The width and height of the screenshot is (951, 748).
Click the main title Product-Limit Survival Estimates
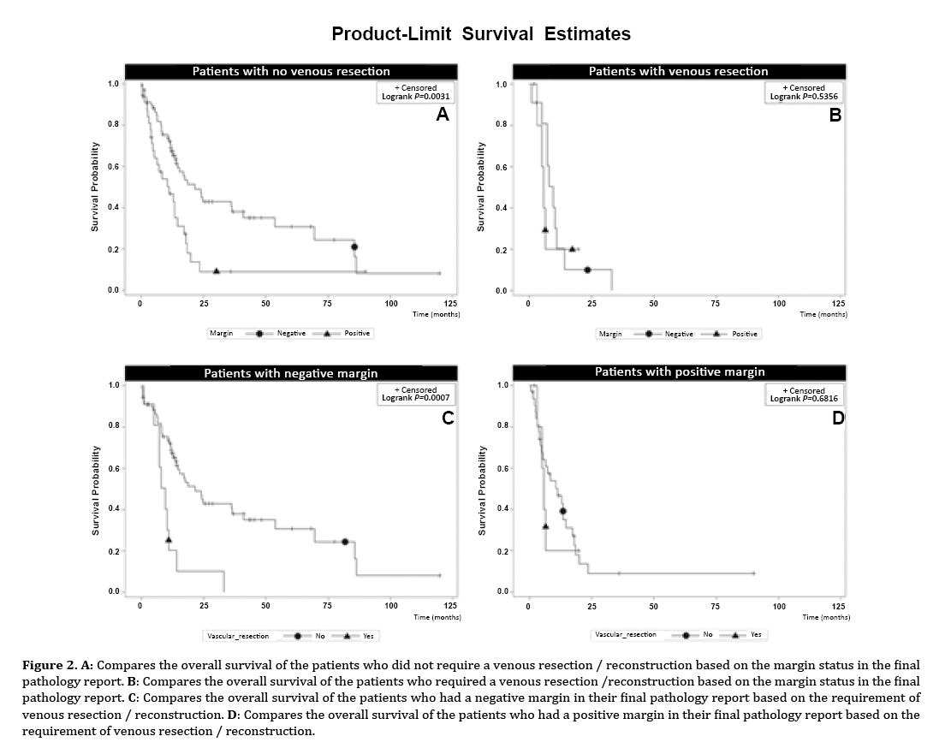[x=481, y=34]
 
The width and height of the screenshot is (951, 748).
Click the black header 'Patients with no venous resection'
[x=291, y=71]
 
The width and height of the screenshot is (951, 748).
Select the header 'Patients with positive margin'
[x=680, y=371]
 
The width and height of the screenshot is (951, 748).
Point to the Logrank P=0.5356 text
[x=804, y=97]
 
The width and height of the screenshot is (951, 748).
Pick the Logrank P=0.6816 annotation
[x=804, y=399]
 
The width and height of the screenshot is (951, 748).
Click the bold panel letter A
[x=443, y=115]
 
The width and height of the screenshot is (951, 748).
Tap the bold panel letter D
[x=838, y=418]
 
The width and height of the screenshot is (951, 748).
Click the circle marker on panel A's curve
[x=354, y=246]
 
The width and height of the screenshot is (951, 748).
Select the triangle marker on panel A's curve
[x=217, y=270]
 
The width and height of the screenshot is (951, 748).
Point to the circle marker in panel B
[x=588, y=270]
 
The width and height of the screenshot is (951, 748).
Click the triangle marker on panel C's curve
[x=169, y=539]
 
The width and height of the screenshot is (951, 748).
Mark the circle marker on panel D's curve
[x=563, y=511]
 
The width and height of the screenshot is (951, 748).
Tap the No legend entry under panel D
[x=707, y=634]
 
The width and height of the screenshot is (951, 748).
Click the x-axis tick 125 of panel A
[x=452, y=303]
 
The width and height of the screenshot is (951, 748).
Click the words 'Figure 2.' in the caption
[x=45, y=665]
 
